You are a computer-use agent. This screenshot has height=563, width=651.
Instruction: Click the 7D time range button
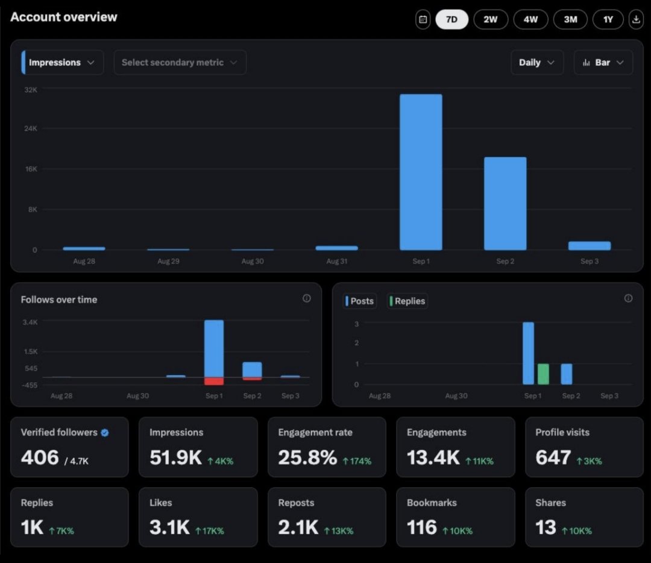coord(451,19)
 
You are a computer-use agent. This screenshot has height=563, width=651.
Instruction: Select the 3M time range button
coord(570,19)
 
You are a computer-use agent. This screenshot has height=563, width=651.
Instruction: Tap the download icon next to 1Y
coord(636,19)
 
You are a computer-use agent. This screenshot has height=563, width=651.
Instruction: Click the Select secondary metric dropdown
coord(180,63)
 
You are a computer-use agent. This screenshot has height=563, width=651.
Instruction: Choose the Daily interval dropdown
coord(537,63)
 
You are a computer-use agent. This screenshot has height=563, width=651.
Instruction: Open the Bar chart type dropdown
coord(603,63)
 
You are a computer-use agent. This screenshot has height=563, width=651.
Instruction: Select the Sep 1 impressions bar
coord(421,172)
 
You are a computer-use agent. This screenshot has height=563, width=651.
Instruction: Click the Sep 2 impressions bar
coord(505,203)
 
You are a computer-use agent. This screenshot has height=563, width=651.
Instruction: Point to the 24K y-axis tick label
coord(31,128)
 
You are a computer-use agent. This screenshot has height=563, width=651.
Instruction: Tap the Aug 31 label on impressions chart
coord(336,262)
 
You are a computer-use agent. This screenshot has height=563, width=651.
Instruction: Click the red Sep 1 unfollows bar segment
coord(214,381)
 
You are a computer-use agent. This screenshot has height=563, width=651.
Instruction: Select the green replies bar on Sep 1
coord(543,374)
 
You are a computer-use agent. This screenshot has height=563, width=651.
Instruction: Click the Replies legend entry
coord(408,301)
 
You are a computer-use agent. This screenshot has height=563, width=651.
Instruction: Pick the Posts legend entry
coord(360,301)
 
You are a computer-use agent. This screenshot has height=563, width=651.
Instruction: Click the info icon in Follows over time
coord(307,298)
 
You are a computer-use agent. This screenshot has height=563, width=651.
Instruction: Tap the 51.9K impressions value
coord(175,458)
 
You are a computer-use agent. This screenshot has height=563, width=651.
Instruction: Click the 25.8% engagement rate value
coord(307,458)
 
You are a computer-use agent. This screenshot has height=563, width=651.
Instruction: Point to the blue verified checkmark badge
coord(105,433)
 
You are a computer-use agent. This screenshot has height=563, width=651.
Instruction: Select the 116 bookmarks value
coord(421,528)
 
